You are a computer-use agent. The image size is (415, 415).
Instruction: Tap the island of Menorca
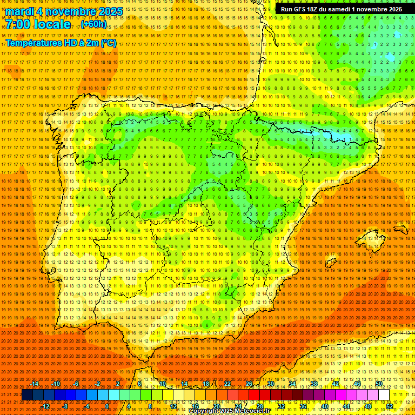[400, 229]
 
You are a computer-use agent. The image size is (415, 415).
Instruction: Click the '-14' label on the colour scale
[35, 384]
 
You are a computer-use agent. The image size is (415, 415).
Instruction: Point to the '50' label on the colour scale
[379, 384]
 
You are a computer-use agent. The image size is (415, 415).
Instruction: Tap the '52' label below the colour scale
[390, 406]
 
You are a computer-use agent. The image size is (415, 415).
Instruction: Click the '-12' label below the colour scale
[45, 406]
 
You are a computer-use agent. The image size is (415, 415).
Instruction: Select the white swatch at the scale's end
[384, 395]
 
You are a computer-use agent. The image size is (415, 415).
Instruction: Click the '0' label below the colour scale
[107, 406]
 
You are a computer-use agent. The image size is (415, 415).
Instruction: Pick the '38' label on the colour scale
[314, 384]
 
